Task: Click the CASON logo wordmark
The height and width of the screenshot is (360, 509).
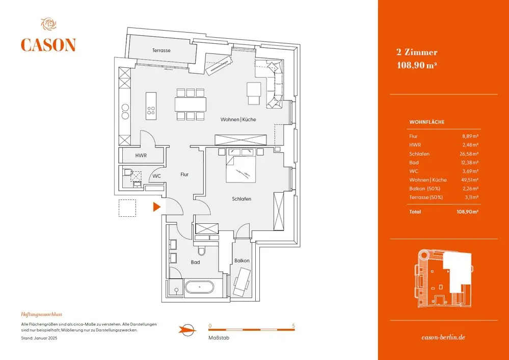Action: point(48,45)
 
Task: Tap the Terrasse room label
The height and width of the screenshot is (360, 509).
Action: point(161,50)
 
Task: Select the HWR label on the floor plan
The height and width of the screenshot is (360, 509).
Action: point(141,156)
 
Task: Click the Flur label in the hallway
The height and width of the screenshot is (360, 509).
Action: point(184,174)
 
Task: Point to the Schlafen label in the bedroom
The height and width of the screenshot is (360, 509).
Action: point(242,199)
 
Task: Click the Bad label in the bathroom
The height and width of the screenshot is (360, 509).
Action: point(195,262)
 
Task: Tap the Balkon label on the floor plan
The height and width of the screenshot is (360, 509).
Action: point(242,261)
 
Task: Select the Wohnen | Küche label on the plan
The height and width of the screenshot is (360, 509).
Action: point(238,119)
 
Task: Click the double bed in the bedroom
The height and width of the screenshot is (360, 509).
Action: point(240,166)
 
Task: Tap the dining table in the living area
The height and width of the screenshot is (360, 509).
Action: point(191,104)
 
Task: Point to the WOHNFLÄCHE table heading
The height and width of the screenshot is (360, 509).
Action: point(427,122)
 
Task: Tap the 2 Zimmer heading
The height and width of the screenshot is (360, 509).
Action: point(417,52)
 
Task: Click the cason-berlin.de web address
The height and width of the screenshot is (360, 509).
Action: point(444,337)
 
